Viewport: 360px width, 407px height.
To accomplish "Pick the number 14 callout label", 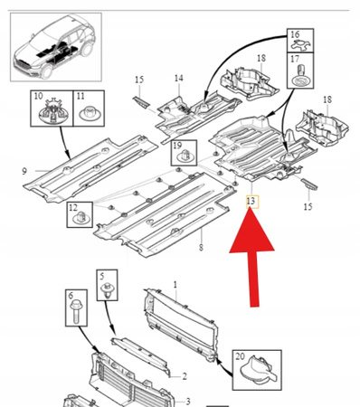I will [x=178, y=79].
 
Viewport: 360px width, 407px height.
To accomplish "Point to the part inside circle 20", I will [x=255, y=372].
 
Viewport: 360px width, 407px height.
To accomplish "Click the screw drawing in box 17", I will [x=295, y=76].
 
